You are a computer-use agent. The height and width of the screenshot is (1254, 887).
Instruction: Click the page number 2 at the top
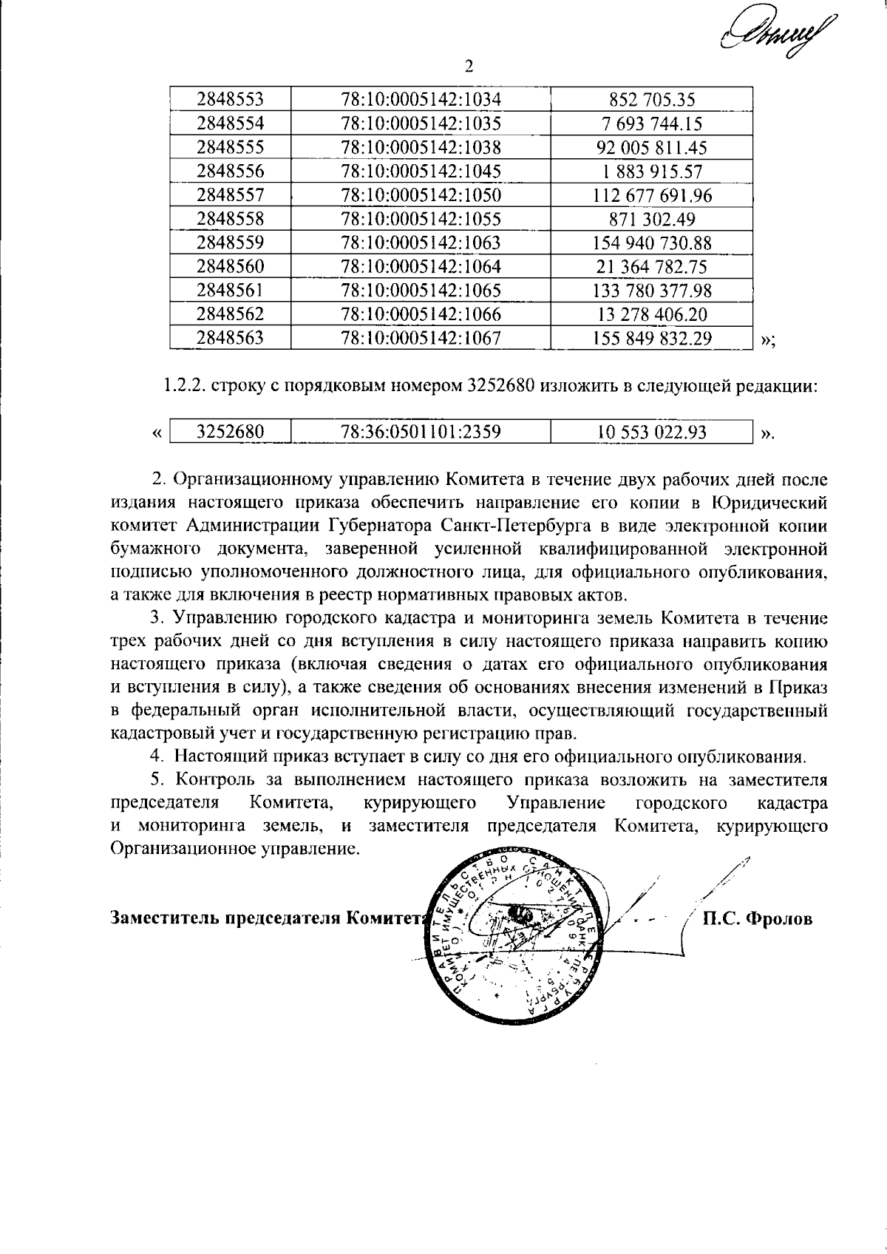tap(467, 67)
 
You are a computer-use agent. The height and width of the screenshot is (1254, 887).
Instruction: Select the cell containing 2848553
tap(230, 99)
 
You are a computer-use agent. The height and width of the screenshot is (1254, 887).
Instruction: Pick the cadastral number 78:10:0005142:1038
tap(421, 147)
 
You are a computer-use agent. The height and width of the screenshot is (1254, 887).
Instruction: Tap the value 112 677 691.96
tap(652, 195)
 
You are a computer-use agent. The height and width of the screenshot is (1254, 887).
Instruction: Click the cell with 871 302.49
tap(652, 219)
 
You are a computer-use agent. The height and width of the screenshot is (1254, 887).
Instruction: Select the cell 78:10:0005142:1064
tap(421, 267)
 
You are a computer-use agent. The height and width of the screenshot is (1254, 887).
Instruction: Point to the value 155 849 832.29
tap(652, 339)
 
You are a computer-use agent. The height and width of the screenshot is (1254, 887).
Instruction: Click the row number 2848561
tap(230, 291)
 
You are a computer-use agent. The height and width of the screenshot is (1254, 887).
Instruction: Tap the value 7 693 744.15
tap(652, 123)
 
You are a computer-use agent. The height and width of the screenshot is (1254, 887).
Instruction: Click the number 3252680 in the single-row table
tap(230, 432)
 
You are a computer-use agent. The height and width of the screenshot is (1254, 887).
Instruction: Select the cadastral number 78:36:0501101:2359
tap(421, 432)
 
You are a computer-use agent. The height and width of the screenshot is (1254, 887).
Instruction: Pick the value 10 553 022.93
tap(652, 432)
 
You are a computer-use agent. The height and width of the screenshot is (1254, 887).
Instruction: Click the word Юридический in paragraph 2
tap(769, 502)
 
